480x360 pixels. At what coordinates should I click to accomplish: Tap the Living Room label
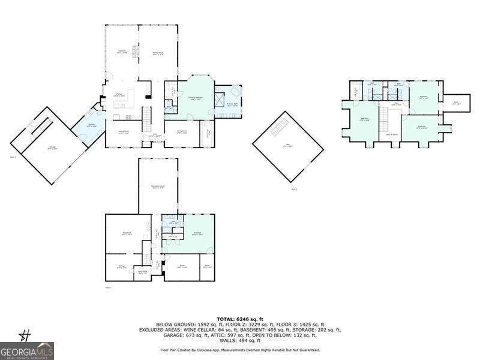[x=182, y=133]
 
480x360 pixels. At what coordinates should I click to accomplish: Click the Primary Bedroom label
[x=194, y=98]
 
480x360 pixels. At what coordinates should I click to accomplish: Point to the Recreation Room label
[x=158, y=188]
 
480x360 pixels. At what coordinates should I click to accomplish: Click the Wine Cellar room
[x=143, y=272]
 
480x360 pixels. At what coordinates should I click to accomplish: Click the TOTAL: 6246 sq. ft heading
[x=239, y=319]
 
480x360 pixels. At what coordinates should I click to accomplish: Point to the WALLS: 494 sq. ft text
[x=239, y=341]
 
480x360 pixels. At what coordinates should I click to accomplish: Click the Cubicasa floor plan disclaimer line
[x=239, y=350]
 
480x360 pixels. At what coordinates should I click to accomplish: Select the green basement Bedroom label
[x=197, y=233]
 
